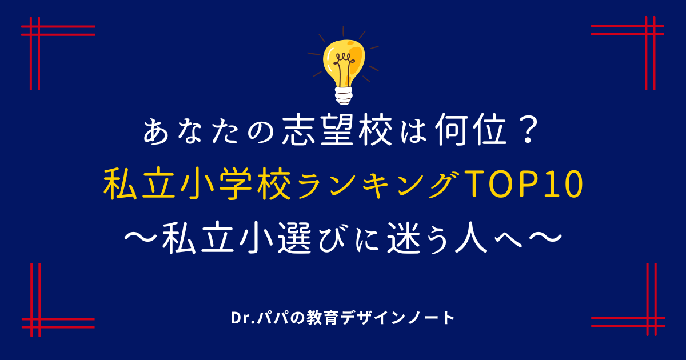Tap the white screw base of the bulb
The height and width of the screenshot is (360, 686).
click(x=344, y=96)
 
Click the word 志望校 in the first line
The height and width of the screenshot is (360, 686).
click(x=337, y=130)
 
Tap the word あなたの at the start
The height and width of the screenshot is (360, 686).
click(x=208, y=132)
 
